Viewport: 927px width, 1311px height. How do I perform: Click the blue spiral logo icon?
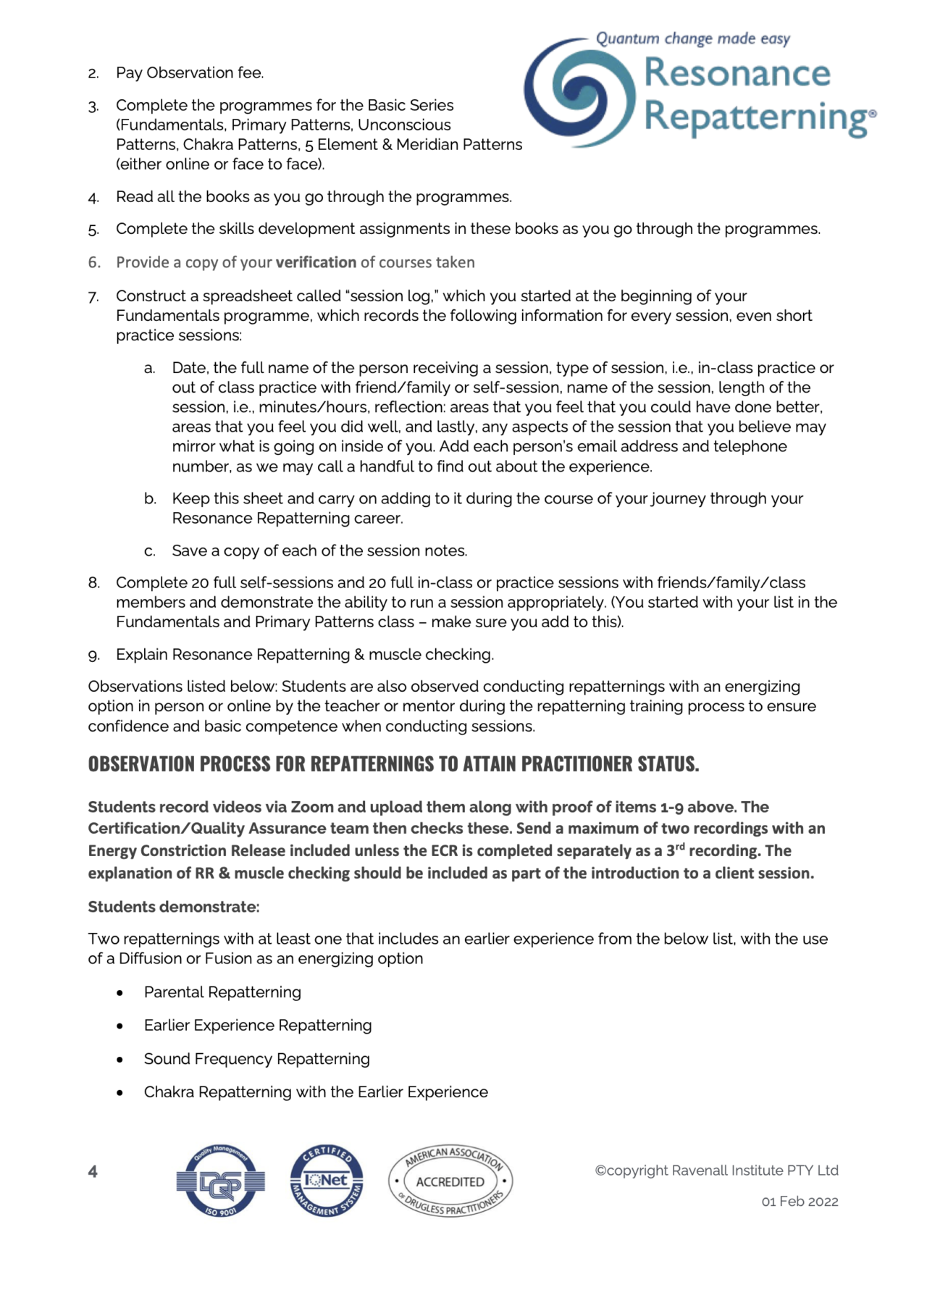point(579,92)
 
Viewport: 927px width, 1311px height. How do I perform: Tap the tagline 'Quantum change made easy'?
point(692,38)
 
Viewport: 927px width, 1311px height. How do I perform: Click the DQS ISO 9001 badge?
point(220,1181)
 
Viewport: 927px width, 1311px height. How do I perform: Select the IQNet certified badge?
point(327,1181)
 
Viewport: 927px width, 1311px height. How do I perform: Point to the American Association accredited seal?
point(450,1181)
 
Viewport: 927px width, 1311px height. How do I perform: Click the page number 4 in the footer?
point(93,1171)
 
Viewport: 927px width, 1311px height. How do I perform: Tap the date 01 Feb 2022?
point(800,1202)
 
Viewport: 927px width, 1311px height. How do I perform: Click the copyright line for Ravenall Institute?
point(716,1170)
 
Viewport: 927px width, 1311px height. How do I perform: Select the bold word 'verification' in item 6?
point(316,262)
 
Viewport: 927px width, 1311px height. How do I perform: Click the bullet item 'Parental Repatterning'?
point(222,992)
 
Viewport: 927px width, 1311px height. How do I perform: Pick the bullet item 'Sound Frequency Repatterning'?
point(256,1059)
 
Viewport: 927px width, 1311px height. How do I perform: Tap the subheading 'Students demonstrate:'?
point(174,907)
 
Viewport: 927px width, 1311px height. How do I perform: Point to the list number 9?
point(94,655)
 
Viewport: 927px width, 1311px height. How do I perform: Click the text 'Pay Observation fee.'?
point(190,73)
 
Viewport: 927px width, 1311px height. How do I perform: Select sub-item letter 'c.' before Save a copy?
point(150,551)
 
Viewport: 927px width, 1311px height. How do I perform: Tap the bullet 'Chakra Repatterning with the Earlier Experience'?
point(316,1092)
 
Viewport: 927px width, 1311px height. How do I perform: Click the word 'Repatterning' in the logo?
point(756,117)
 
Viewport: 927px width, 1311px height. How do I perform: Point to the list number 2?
point(94,74)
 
